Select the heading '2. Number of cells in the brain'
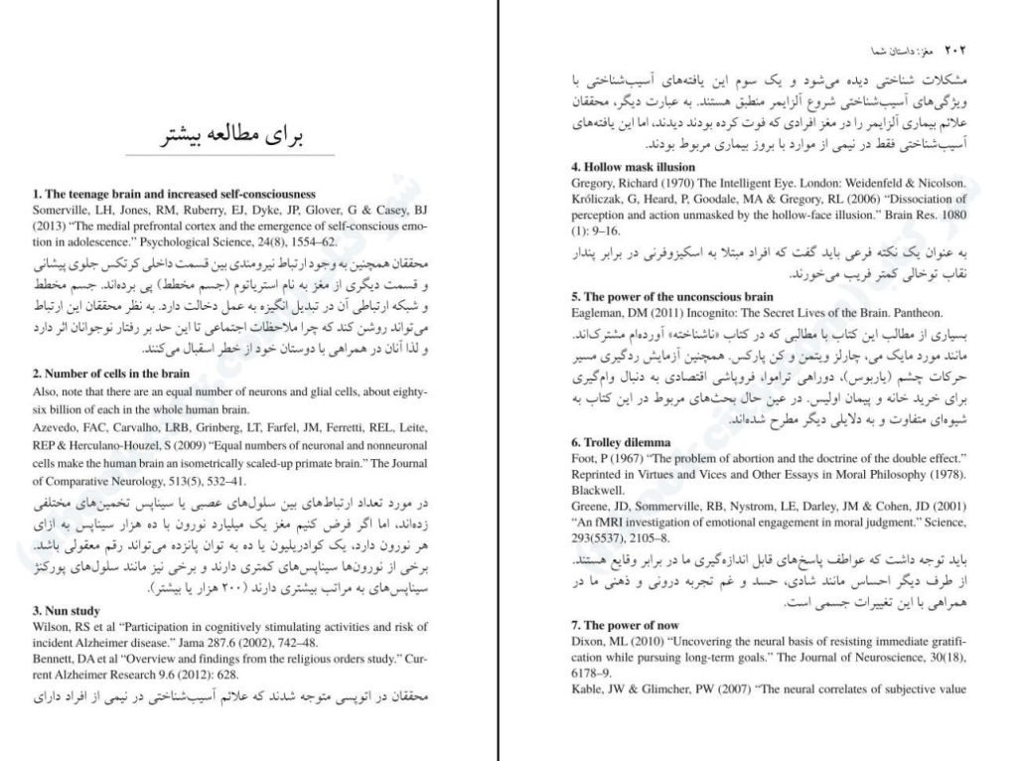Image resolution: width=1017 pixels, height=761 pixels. coord(111,374)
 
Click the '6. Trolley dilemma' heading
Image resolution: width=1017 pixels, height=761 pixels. coord(620,441)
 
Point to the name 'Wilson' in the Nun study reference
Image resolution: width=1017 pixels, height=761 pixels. coord(53,626)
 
